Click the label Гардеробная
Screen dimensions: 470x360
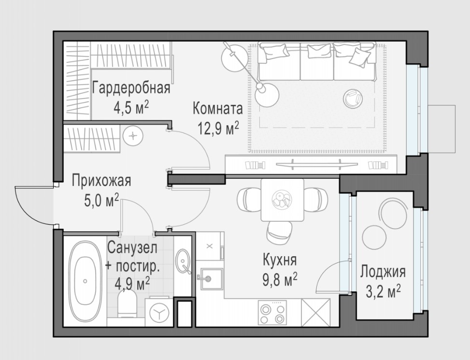(131, 88)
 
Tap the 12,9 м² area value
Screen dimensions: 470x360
(218, 128)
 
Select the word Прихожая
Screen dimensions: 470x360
(101, 181)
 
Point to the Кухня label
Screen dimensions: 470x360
(280, 260)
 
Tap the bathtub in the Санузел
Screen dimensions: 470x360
(85, 281)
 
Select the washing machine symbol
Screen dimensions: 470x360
(159, 312)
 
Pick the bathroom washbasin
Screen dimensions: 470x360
(183, 261)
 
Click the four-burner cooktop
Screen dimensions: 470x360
(272, 313)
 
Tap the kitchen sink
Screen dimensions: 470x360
(211, 279)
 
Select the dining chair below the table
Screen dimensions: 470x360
(280, 232)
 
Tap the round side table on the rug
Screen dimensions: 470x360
(353, 99)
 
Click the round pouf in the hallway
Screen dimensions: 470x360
(133, 136)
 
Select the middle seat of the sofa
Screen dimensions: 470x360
(317, 61)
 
